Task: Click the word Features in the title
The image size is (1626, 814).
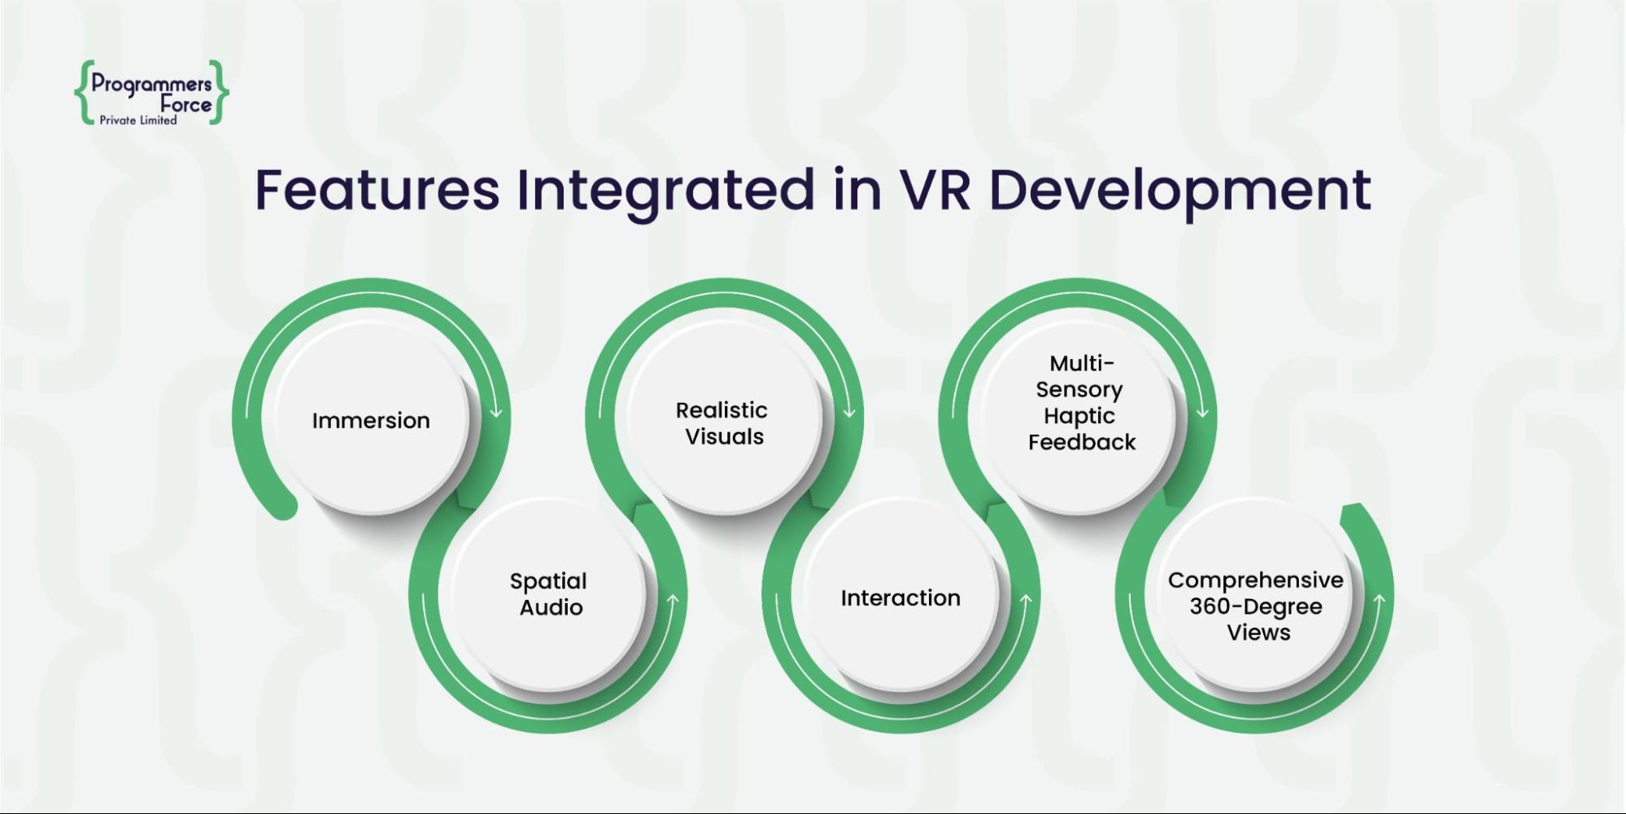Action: [x=377, y=190]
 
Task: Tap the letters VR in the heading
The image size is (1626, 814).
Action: [x=935, y=190]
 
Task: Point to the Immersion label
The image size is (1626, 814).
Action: [x=371, y=421]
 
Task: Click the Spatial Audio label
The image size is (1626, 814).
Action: [x=549, y=594]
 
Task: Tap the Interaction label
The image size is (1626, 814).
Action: [x=900, y=598]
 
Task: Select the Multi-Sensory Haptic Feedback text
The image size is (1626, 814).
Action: [x=1081, y=402]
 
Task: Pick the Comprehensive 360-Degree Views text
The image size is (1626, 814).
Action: [x=1256, y=606]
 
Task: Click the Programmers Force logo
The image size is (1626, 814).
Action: [x=152, y=93]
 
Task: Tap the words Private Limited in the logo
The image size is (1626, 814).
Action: [x=138, y=120]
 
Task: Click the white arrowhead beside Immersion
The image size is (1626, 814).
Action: [x=496, y=413]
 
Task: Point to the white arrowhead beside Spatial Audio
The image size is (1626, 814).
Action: [x=673, y=601]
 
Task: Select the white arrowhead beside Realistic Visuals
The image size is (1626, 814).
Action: [x=849, y=413]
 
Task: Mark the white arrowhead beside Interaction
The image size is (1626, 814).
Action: [x=1026, y=601]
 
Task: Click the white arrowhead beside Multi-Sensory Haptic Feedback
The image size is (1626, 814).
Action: [x=1202, y=413]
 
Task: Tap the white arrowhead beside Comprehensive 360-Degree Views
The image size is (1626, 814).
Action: [x=1380, y=601]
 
